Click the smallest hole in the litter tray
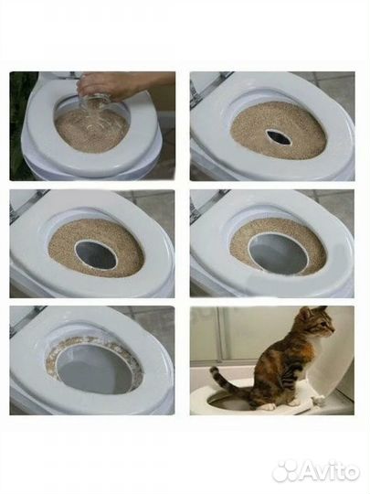point(279,137)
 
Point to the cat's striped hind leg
point(266,389)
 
